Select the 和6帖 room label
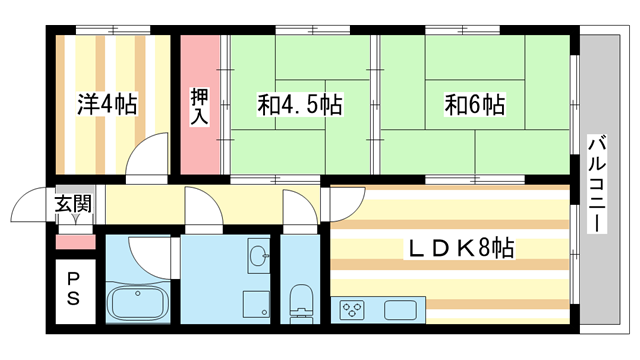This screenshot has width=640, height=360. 474,103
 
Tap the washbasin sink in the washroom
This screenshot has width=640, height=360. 257,254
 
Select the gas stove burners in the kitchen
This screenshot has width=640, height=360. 352,310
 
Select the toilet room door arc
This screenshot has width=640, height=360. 298,206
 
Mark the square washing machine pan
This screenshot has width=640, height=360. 256,303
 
